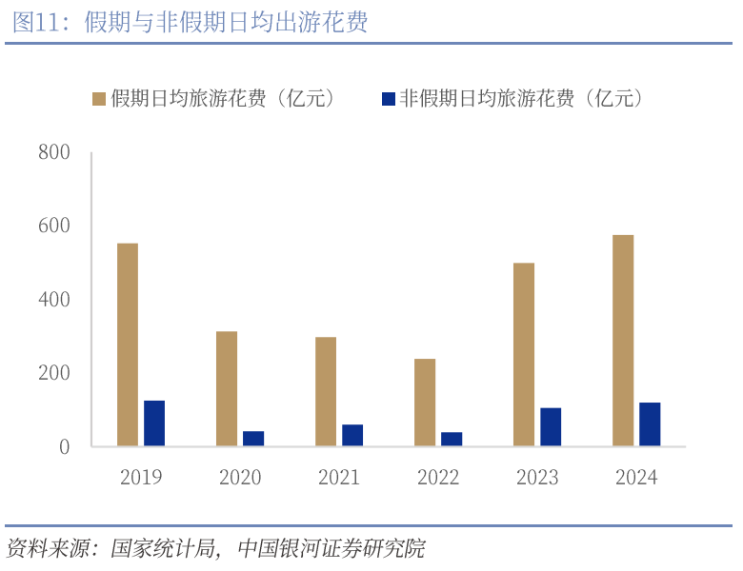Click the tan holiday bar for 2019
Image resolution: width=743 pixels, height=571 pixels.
(x=128, y=345)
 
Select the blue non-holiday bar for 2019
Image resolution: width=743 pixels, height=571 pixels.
(x=154, y=423)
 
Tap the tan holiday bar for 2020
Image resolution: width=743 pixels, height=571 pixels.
(x=227, y=388)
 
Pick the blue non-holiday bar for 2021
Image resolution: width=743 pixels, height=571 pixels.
(x=352, y=435)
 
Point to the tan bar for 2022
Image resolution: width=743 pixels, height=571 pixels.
(x=425, y=403)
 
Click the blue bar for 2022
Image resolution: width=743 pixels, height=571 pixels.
(x=452, y=439)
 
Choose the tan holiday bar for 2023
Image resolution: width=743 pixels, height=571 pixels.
(x=524, y=354)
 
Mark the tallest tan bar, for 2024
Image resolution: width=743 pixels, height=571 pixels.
(x=623, y=341)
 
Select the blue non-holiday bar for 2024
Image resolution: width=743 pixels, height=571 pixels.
(x=650, y=424)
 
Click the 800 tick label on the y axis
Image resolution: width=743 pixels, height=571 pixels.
(x=54, y=152)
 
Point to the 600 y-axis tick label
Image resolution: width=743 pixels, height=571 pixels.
(x=54, y=226)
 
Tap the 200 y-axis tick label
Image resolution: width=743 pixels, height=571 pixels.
(x=54, y=373)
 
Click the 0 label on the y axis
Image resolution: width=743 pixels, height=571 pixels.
(x=65, y=446)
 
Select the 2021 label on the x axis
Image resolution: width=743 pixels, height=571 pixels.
(x=339, y=477)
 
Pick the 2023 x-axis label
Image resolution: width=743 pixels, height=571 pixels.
(x=537, y=477)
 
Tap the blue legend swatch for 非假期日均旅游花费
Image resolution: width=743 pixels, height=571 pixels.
(x=387, y=98)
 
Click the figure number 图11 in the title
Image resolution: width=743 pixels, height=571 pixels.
(x=35, y=23)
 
